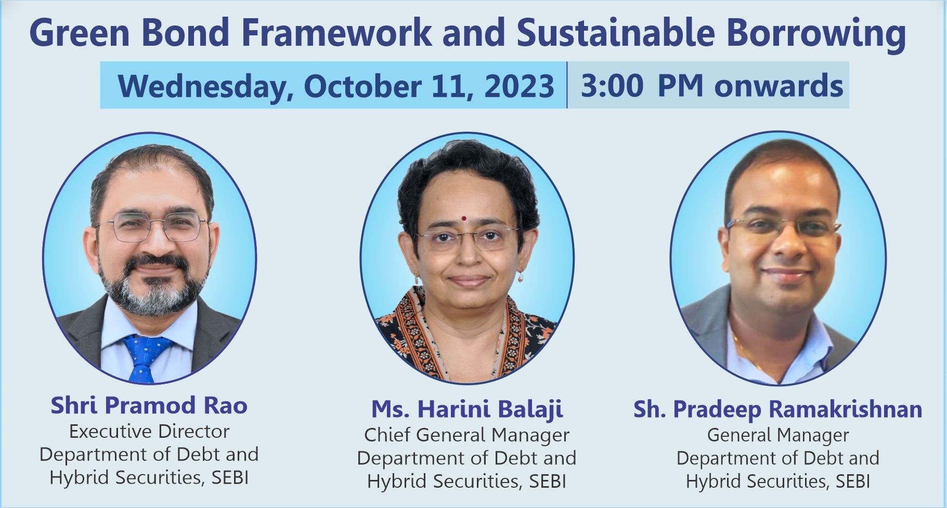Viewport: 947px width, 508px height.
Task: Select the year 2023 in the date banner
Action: point(519,86)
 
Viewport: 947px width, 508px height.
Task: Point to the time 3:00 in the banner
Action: point(612,86)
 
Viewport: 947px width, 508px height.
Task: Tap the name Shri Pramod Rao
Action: point(149,406)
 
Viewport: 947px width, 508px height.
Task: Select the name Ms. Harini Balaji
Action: point(467,410)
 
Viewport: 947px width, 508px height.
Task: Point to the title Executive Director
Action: point(149,432)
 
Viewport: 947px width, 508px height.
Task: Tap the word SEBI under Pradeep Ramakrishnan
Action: point(853,481)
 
